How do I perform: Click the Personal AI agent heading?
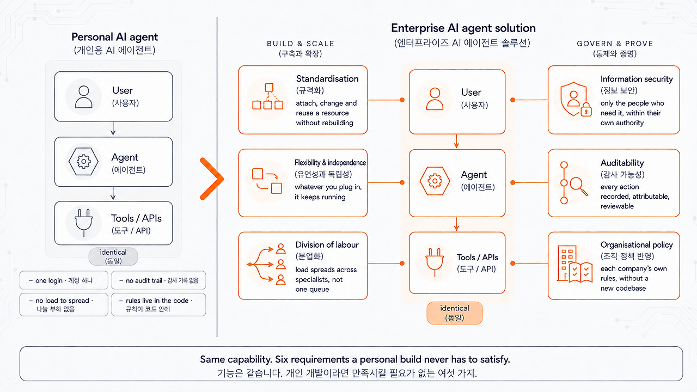pos(114,37)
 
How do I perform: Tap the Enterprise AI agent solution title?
pos(463,28)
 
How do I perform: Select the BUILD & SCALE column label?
pos(301,44)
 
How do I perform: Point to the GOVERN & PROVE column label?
pos(615,44)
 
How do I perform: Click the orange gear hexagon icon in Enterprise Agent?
pos(435,181)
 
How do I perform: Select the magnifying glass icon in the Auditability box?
pos(578,186)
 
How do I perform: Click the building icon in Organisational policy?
pos(567,263)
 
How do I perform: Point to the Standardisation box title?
pos(327,79)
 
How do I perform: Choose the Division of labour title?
pos(327,245)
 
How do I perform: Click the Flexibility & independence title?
pos(330,163)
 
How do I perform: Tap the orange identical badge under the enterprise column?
pos(455,313)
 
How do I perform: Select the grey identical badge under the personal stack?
pos(113,256)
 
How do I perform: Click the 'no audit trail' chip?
pos(158,280)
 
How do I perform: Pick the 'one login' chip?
pos(64,280)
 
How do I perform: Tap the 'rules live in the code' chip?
pos(158,304)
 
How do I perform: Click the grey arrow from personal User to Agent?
pos(113,128)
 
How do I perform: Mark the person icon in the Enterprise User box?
pos(435,99)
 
